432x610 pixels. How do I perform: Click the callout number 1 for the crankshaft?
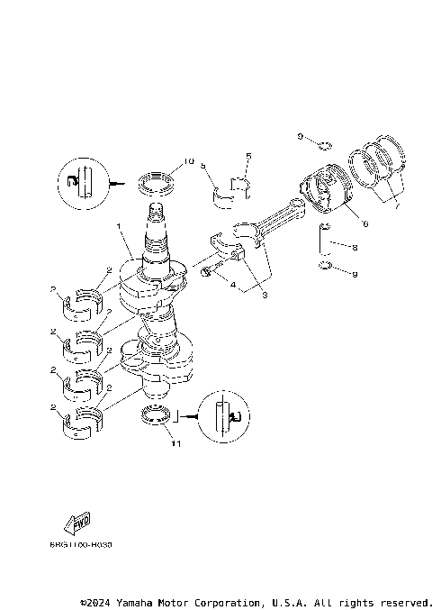click(118, 228)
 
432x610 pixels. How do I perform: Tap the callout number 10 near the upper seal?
click(188, 162)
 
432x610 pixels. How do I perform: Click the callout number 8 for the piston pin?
click(356, 245)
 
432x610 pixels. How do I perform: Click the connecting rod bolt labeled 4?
click(208, 271)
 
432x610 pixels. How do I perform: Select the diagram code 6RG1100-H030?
click(81, 545)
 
